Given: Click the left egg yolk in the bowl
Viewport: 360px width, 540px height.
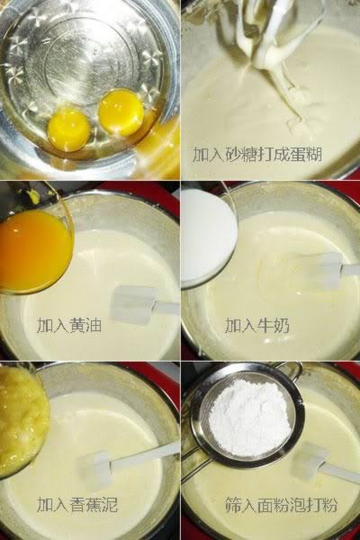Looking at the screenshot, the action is click(68, 129).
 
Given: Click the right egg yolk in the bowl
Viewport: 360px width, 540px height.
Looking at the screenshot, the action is click(121, 112).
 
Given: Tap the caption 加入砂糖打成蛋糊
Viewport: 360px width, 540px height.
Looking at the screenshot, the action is click(257, 155).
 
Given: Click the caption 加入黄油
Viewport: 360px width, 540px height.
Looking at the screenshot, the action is click(69, 325).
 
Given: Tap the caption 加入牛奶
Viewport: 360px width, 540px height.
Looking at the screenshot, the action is click(257, 325).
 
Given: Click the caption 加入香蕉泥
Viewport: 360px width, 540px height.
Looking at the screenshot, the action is click(77, 505).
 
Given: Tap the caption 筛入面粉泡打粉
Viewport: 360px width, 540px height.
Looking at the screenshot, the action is click(282, 505).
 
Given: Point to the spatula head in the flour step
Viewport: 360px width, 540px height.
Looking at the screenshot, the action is click(309, 462).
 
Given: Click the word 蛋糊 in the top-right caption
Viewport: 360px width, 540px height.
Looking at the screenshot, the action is click(306, 155).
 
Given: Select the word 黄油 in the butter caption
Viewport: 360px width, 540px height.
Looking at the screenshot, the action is click(85, 325).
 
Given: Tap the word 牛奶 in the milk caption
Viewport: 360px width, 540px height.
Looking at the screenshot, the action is click(274, 325).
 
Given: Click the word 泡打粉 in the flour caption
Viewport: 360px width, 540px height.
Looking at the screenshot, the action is click(314, 505).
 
